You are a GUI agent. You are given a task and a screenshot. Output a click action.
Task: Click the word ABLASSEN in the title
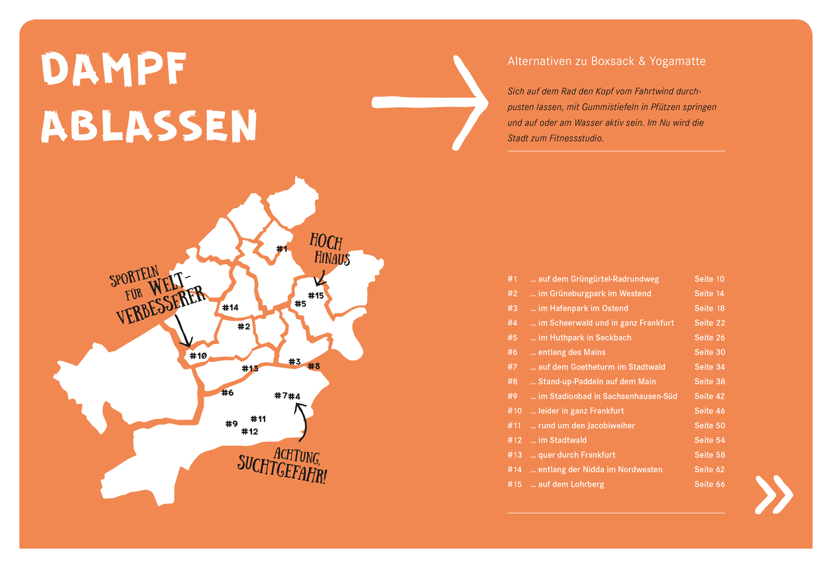[x=149, y=126]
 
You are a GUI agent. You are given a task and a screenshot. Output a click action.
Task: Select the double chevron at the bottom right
[x=774, y=494]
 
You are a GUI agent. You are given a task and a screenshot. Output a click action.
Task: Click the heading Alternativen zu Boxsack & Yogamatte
[x=606, y=62]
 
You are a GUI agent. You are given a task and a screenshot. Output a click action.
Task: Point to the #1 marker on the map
[x=282, y=249]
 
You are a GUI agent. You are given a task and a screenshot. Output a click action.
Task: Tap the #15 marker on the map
[x=316, y=295]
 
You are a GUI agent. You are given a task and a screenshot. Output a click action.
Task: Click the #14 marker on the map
[x=230, y=308]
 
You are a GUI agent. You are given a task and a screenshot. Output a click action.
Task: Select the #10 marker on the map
[x=198, y=356]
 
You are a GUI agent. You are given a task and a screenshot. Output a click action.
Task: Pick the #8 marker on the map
[x=314, y=366]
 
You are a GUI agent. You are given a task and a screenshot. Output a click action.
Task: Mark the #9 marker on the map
[x=231, y=424]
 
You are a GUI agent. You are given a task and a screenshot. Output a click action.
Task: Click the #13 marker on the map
[x=250, y=368]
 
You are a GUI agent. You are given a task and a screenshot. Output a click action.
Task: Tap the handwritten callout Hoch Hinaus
[x=329, y=250]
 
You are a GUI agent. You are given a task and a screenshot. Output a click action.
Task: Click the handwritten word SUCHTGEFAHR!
[x=282, y=470]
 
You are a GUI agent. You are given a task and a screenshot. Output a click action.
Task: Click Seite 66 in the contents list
[x=709, y=484]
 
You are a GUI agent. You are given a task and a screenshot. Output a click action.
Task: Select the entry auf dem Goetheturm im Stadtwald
[x=601, y=367]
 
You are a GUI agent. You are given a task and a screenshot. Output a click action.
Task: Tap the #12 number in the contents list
[x=515, y=440]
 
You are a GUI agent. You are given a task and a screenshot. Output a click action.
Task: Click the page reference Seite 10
[x=709, y=279]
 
